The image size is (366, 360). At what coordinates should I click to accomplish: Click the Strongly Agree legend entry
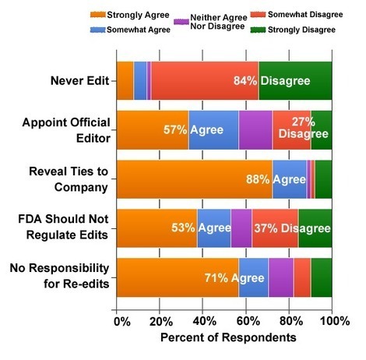tap(130, 15)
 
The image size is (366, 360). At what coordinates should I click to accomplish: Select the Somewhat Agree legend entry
tap(130, 30)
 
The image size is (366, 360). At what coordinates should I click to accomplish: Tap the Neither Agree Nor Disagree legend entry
tap(211, 22)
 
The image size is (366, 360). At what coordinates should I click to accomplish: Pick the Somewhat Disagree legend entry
tap(297, 14)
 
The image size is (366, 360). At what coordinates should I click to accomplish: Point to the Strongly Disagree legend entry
tap(293, 30)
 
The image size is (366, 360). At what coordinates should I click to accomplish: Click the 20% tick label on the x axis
tap(161, 321)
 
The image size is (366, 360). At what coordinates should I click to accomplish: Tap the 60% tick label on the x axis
tap(248, 321)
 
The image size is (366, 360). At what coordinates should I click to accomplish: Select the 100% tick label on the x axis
tap(335, 321)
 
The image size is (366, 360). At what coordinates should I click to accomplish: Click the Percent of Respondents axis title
tap(228, 337)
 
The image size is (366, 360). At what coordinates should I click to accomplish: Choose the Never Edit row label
tap(79, 81)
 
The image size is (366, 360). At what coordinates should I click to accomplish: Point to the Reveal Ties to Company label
tap(69, 179)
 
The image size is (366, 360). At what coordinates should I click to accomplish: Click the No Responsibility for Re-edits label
tap(59, 276)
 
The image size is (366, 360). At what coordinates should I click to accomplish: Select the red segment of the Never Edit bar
tap(205, 80)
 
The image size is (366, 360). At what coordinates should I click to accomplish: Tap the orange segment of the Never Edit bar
tap(125, 80)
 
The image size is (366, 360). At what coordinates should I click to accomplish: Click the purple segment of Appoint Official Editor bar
tap(255, 130)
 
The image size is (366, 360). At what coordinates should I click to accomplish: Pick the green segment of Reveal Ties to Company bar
tap(324, 179)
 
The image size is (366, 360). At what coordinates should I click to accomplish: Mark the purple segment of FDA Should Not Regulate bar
tap(241, 228)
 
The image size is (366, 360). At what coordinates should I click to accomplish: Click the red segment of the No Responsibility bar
tap(302, 277)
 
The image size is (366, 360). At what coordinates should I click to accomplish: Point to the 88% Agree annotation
tap(276, 179)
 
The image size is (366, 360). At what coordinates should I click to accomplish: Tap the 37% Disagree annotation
tap(292, 228)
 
